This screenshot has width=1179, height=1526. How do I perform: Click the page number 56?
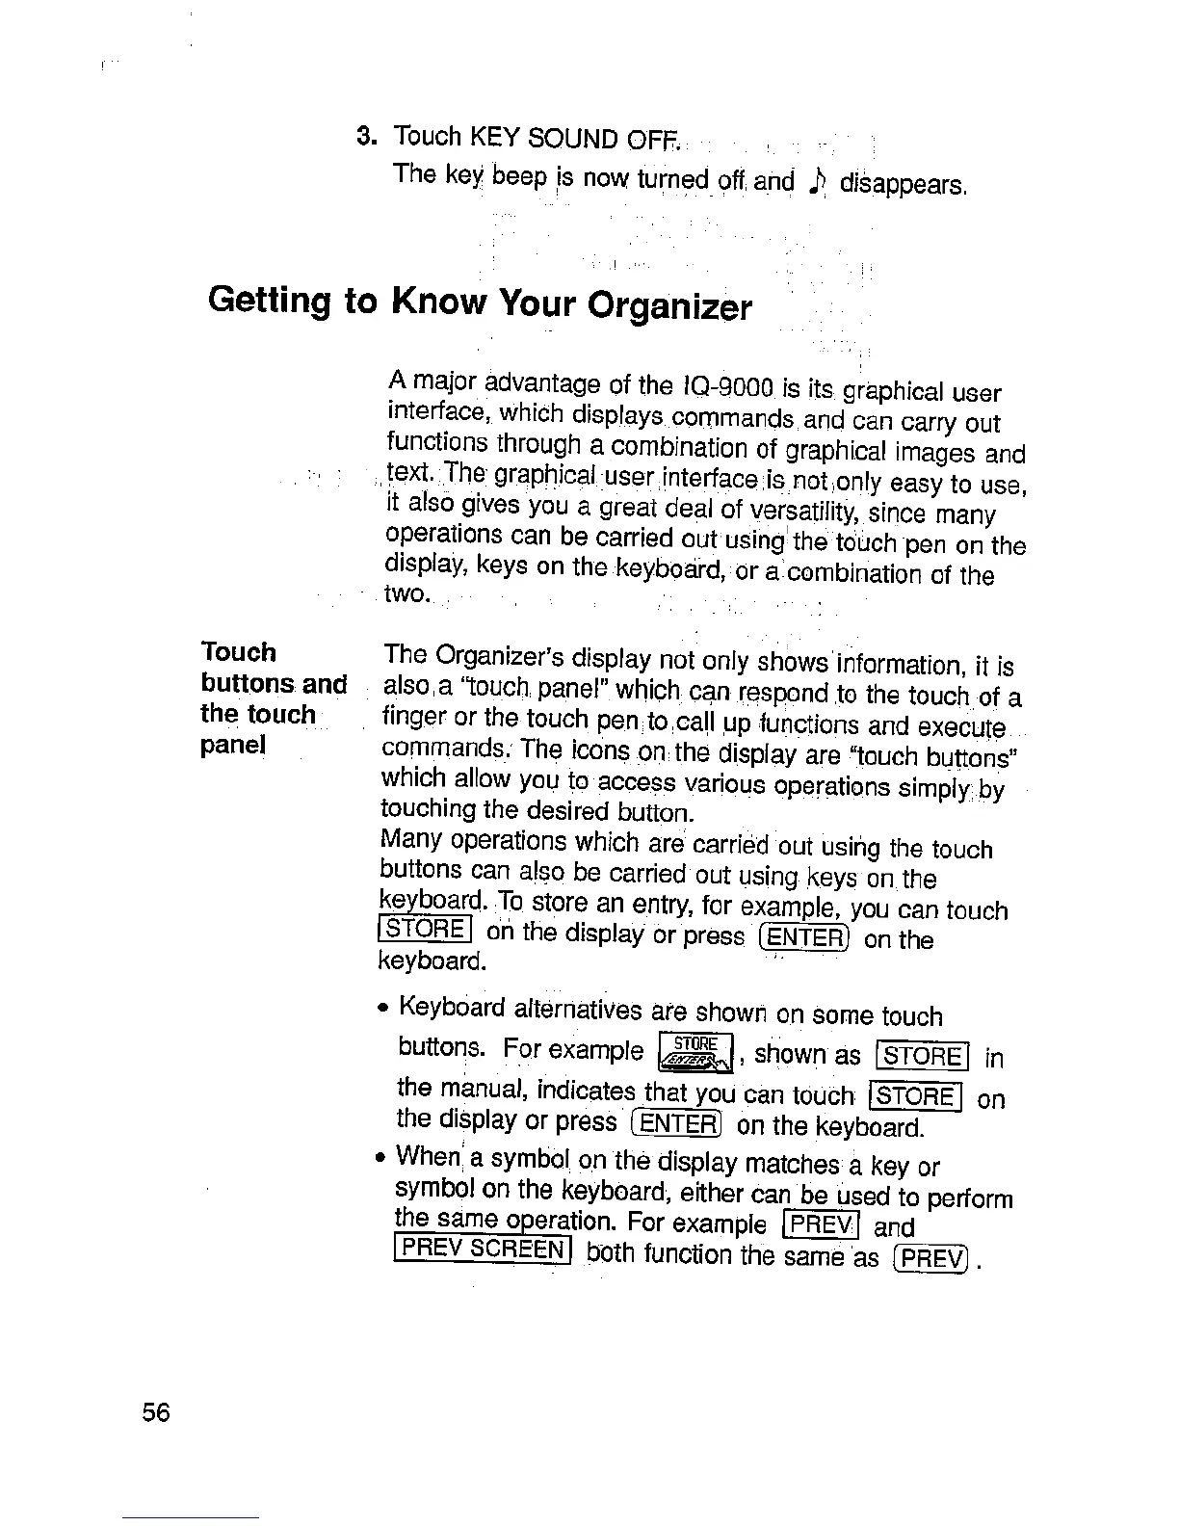(155, 1413)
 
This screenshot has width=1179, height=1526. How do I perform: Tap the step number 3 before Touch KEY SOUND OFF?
(365, 134)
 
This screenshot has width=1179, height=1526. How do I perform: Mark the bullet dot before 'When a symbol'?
(384, 1155)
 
